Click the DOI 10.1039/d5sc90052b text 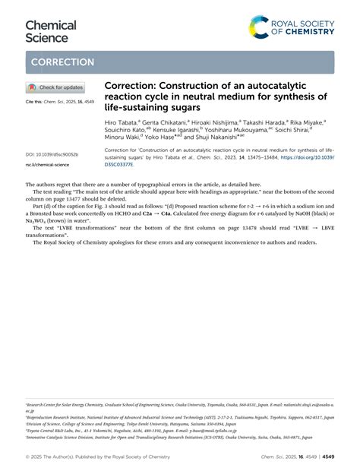pos(52,154)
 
